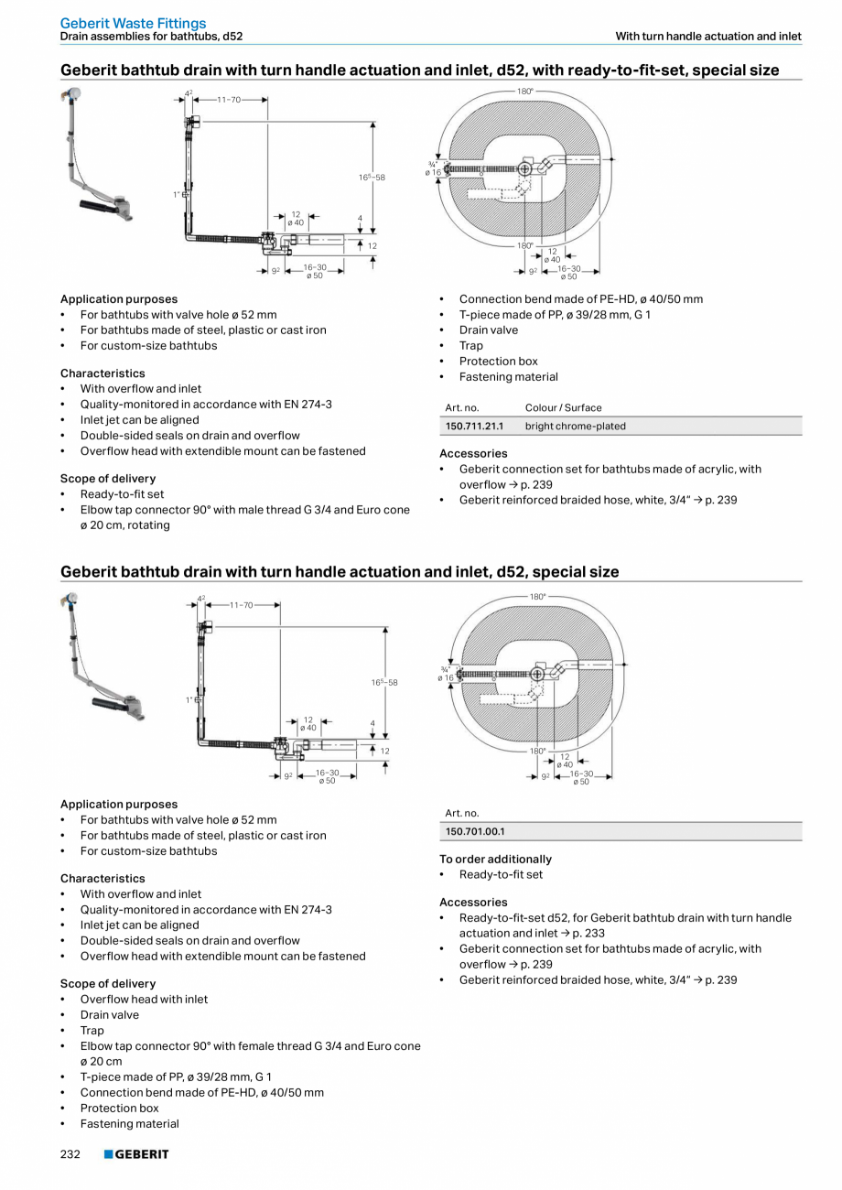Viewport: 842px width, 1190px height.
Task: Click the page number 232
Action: pyautogui.click(x=70, y=1154)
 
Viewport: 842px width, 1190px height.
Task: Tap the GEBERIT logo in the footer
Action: pyautogui.click(x=136, y=1154)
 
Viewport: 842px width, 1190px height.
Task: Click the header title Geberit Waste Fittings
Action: pyautogui.click(x=133, y=23)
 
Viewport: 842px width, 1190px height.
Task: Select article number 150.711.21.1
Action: pyautogui.click(x=474, y=426)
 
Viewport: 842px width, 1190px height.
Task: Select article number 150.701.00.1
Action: pyautogui.click(x=474, y=831)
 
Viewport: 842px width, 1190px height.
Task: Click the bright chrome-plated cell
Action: pyautogui.click(x=575, y=426)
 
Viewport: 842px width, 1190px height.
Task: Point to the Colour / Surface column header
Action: pyautogui.click(x=563, y=407)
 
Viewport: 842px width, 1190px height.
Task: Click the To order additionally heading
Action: pyautogui.click(x=495, y=859)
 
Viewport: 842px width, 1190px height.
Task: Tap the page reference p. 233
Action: pyautogui.click(x=563, y=933)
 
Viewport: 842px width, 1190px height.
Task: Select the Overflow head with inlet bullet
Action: pyautogui.click(x=144, y=999)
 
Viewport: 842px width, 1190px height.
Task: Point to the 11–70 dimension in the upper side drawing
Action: pyautogui.click(x=229, y=99)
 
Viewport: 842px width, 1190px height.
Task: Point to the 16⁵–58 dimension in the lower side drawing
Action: pyautogui.click(x=384, y=682)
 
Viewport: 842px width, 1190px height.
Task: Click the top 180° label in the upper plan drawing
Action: pyautogui.click(x=525, y=91)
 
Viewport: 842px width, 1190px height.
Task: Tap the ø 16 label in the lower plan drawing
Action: pyautogui.click(x=445, y=677)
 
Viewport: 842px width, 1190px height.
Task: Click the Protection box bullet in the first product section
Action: pyautogui.click(x=498, y=361)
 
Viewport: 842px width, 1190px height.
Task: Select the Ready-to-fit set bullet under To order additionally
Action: pyautogui.click(x=501, y=874)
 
